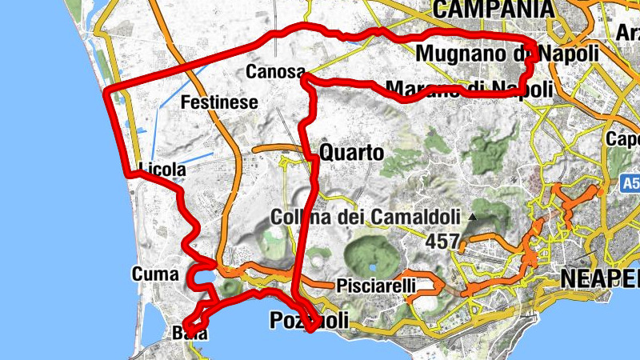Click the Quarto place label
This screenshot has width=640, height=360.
(x=351, y=152)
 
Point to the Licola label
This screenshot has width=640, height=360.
(x=162, y=170)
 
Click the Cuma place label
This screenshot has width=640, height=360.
(x=155, y=274)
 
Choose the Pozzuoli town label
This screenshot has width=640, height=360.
(x=309, y=321)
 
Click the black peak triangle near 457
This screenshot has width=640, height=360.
(x=473, y=217)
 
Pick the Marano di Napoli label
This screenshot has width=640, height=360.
(x=468, y=88)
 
